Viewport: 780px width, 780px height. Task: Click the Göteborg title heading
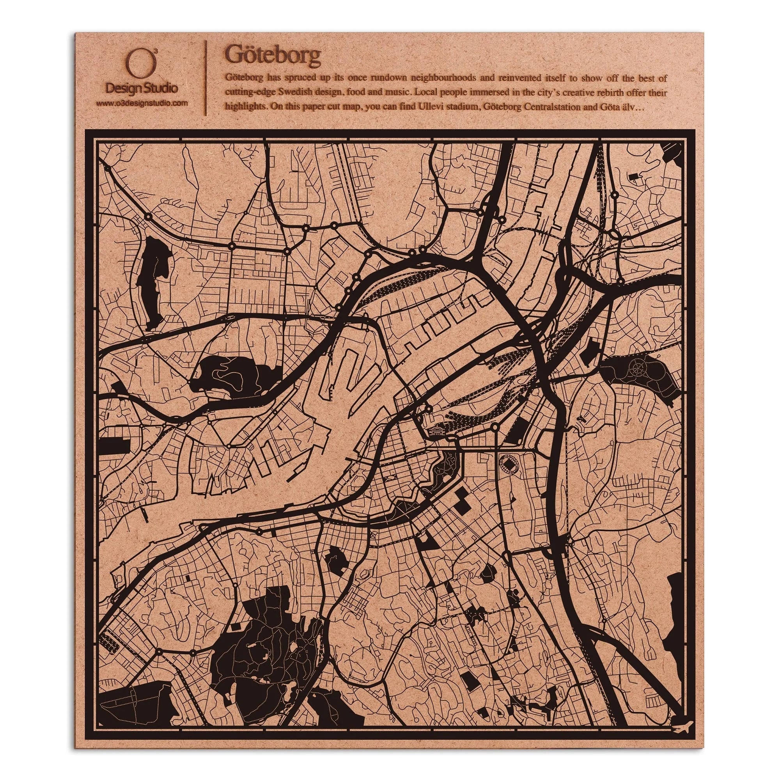click(x=273, y=55)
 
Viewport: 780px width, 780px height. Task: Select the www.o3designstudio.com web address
click(x=142, y=103)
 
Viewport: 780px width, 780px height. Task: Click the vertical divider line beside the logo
click(x=206, y=78)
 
